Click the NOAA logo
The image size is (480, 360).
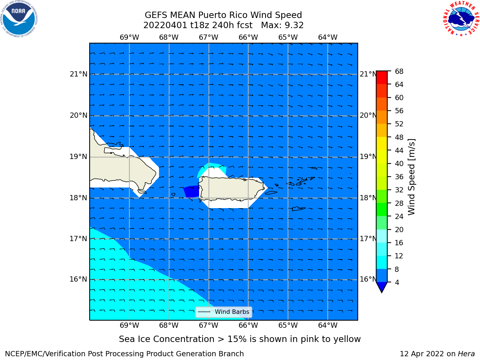[x=19, y=19]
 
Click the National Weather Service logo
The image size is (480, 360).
[x=461, y=19]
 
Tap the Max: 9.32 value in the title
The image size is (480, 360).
[x=282, y=25]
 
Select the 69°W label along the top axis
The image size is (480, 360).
[x=129, y=37]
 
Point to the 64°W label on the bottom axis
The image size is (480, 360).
[x=328, y=325]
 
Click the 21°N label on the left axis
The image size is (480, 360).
[x=78, y=74]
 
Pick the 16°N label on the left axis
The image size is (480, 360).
[x=78, y=279]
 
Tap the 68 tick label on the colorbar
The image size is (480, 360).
[x=399, y=72]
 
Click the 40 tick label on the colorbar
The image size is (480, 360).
[x=399, y=163]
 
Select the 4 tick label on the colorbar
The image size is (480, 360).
[x=397, y=282]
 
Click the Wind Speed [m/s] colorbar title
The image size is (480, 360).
[x=411, y=177]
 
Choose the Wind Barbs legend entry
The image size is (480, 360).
[x=223, y=312]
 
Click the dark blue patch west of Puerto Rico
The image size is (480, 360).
[x=191, y=192]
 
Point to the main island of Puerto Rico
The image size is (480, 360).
[x=232, y=188]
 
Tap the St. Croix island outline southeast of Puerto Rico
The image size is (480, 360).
[x=298, y=209]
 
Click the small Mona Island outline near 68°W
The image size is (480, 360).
[x=173, y=195]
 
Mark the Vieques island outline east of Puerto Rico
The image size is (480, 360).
[x=271, y=193]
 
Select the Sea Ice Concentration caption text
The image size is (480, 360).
[x=240, y=339]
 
